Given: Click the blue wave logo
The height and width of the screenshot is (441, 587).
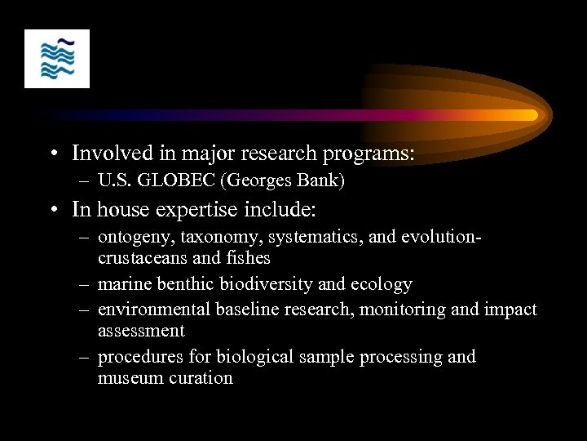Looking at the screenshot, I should pyautogui.click(x=57, y=59).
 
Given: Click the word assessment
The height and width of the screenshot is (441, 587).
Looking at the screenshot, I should pyautogui.click(x=141, y=331).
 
